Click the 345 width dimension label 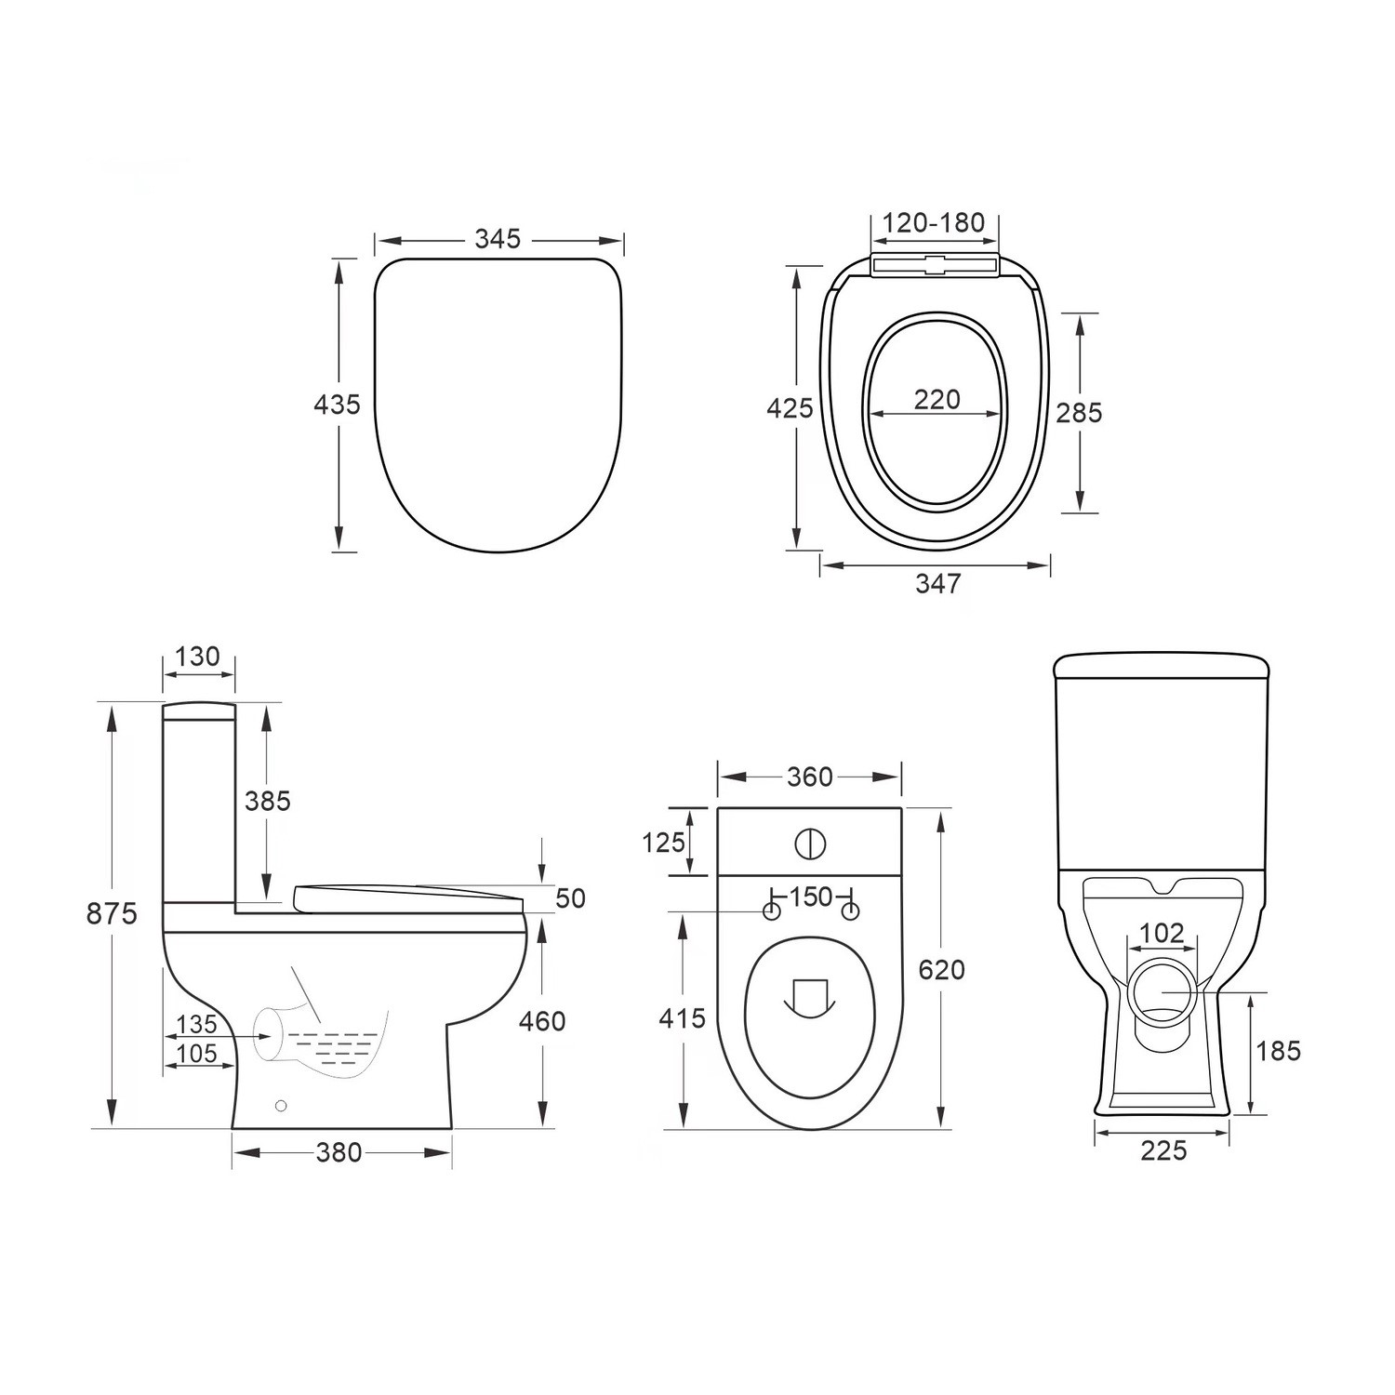[x=498, y=239]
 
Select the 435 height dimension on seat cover [x=336, y=405]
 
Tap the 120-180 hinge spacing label [x=933, y=223]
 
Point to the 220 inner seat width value [x=937, y=399]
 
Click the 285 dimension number [x=1079, y=412]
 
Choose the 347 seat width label [x=937, y=584]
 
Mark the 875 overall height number [x=112, y=913]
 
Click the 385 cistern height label [x=268, y=801]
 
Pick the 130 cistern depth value [x=197, y=657]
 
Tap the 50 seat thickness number [x=570, y=898]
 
